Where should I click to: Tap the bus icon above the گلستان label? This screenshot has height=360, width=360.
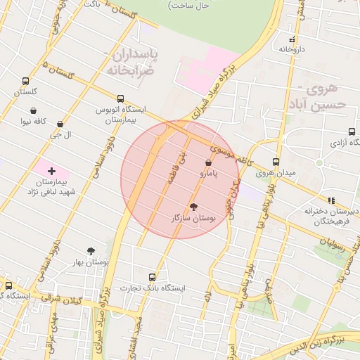[x=26, y=82]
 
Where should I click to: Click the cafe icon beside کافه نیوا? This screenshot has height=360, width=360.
[x=34, y=110]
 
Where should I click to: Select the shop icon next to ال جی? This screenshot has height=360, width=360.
[x=60, y=124]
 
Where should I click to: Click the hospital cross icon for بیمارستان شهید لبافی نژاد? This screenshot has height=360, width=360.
[x=51, y=171]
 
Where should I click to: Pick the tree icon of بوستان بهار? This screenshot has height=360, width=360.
[x=91, y=251]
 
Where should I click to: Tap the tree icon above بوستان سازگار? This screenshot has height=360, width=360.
[x=193, y=207]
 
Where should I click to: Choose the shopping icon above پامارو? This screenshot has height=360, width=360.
[x=208, y=163]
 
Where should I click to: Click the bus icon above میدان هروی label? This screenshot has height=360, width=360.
[x=276, y=162]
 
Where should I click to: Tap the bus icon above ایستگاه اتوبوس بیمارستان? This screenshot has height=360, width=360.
[x=120, y=99]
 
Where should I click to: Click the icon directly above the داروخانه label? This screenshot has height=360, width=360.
[x=292, y=39]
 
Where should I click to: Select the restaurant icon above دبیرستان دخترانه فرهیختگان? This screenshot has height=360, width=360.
[x=331, y=200]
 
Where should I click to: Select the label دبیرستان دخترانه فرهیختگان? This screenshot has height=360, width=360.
[x=331, y=215]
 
